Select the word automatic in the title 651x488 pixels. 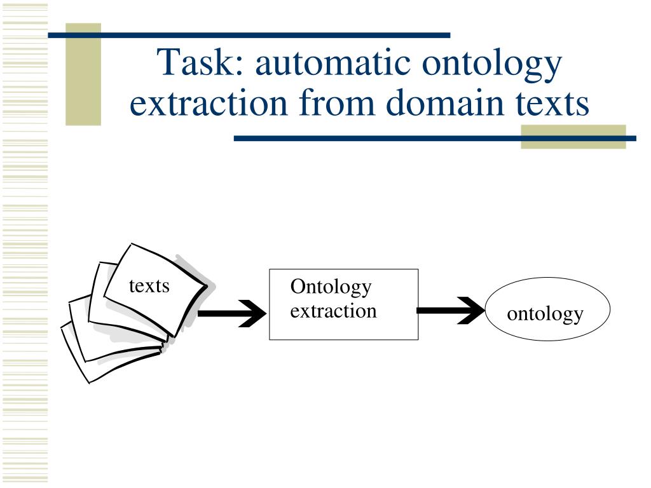(331, 64)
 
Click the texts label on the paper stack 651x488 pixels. (149, 286)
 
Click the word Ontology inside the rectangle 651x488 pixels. (331, 287)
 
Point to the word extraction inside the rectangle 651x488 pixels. (333, 311)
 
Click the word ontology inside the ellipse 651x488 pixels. (545, 313)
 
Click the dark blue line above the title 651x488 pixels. (254, 35)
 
